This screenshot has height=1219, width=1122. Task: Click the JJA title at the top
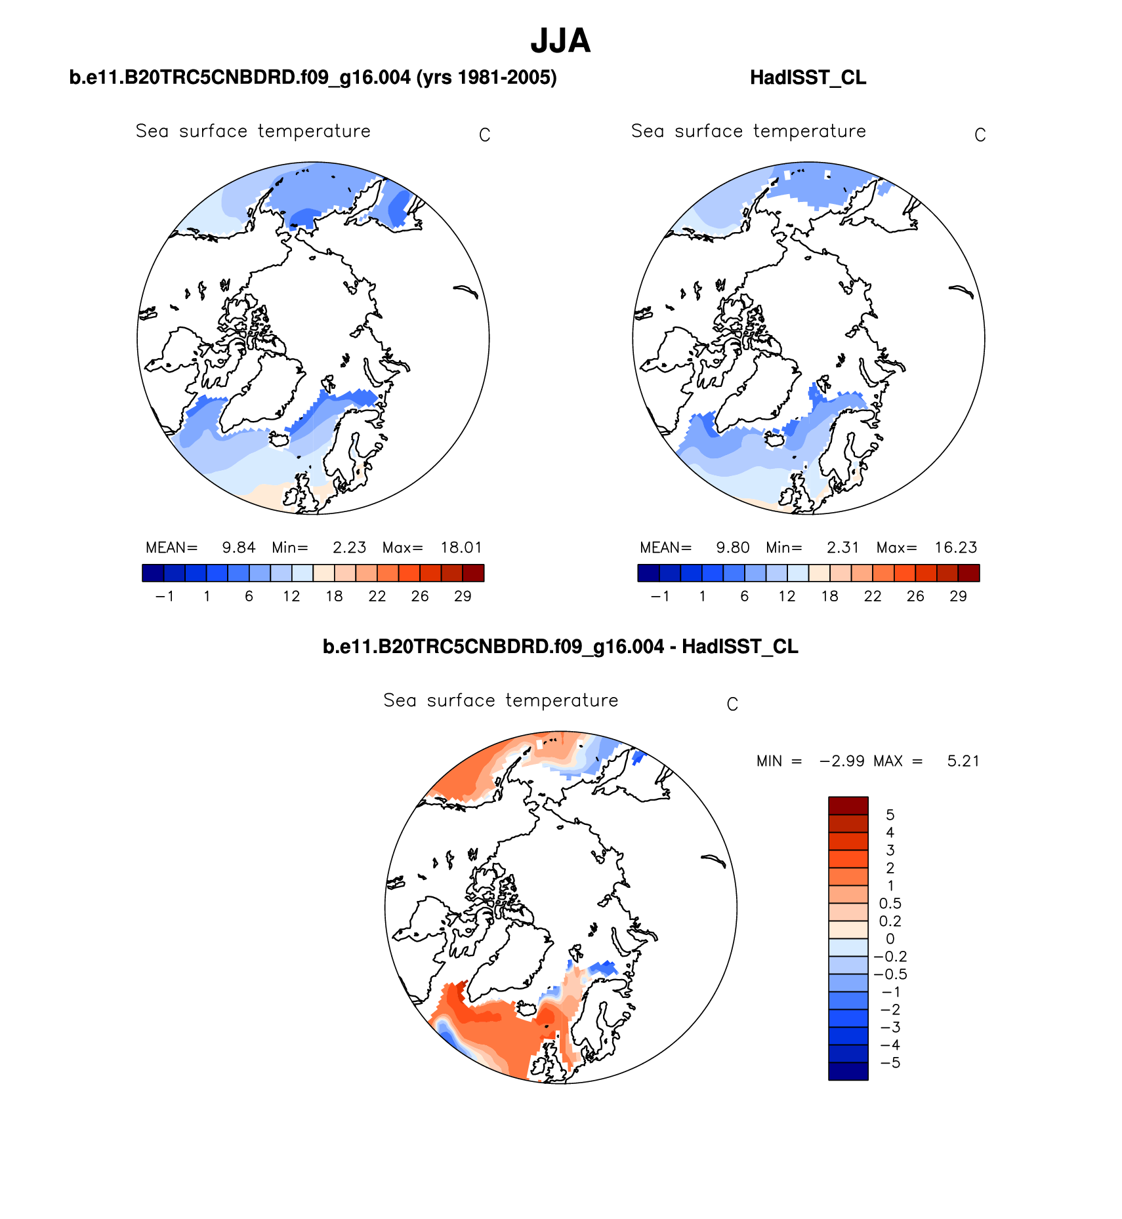coord(560,41)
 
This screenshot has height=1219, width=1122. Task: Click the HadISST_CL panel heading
coord(808,77)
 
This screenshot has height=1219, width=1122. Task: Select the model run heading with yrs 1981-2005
coord(313,77)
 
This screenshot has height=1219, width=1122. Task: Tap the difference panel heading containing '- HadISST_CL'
coord(560,647)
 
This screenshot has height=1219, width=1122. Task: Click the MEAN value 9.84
coord(238,548)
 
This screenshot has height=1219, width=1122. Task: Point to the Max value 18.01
coord(461,548)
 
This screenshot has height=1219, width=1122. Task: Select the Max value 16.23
coord(956,548)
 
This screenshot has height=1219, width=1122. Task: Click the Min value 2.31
coord(842,548)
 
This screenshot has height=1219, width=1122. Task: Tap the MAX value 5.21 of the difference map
coord(963,761)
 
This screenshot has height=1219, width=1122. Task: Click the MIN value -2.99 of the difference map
coord(842,761)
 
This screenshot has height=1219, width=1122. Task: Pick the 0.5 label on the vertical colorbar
coord(890,904)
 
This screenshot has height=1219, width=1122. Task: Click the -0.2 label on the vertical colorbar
coord(890,957)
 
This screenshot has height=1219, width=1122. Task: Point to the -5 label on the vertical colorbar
coord(890,1063)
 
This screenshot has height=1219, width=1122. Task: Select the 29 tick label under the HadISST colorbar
coord(958,596)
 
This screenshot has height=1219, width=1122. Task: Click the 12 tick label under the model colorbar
coord(291,596)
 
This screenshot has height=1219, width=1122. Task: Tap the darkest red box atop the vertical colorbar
coord(848,805)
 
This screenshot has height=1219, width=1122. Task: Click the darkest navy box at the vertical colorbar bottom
coord(848,1071)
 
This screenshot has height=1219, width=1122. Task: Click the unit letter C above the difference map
coord(732,704)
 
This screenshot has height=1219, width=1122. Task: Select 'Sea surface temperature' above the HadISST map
coord(748,131)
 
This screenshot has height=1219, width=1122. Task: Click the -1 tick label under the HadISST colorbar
coord(659,596)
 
